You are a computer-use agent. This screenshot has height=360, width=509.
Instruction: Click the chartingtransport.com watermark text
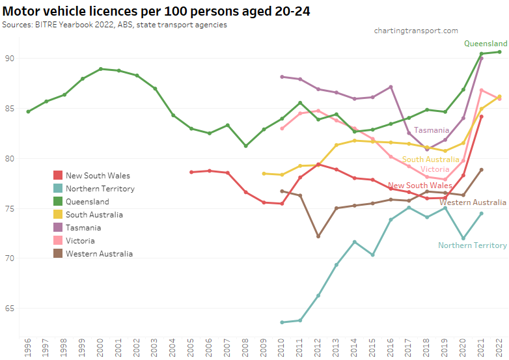point(416,31)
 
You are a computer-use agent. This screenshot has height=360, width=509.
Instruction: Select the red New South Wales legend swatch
point(58,175)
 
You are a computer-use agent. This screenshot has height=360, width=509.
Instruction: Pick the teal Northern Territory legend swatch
point(58,188)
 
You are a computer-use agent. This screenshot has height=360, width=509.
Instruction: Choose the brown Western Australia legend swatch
point(58,253)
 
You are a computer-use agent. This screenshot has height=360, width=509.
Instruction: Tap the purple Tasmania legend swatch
point(58,227)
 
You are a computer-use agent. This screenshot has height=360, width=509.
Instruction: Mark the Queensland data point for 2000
point(100,68)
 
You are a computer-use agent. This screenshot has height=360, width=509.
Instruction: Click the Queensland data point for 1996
point(28,111)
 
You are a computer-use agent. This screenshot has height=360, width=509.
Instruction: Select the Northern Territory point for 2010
point(282,322)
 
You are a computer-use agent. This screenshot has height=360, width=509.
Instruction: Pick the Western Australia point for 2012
point(318,236)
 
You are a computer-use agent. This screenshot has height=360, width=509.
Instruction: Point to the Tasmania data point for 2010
point(282,76)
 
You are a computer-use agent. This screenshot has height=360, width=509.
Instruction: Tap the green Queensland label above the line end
point(486,44)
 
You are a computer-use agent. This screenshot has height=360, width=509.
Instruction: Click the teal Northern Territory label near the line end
point(472,245)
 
